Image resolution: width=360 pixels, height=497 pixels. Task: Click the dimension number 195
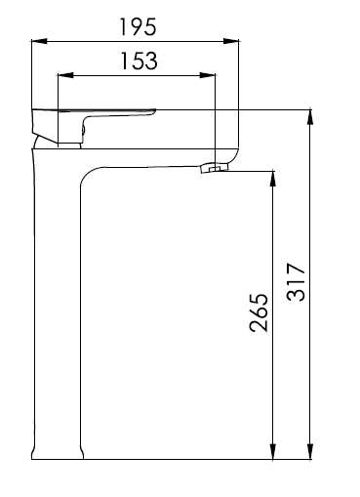[139, 26]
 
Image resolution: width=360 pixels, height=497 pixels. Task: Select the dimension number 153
[140, 61]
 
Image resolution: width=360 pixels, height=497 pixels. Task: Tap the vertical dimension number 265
[260, 312]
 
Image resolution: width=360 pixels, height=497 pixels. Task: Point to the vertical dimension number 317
[296, 281]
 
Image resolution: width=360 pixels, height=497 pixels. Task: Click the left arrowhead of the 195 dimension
[39, 41]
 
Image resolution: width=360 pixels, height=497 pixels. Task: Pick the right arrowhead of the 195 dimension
[231, 41]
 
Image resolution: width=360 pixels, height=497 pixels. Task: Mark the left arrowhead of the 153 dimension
[65, 75]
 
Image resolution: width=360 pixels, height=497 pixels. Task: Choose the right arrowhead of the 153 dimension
[208, 75]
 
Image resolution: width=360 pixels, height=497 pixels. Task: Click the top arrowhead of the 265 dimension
[273, 179]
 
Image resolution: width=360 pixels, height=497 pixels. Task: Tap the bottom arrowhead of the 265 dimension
[273, 451]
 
